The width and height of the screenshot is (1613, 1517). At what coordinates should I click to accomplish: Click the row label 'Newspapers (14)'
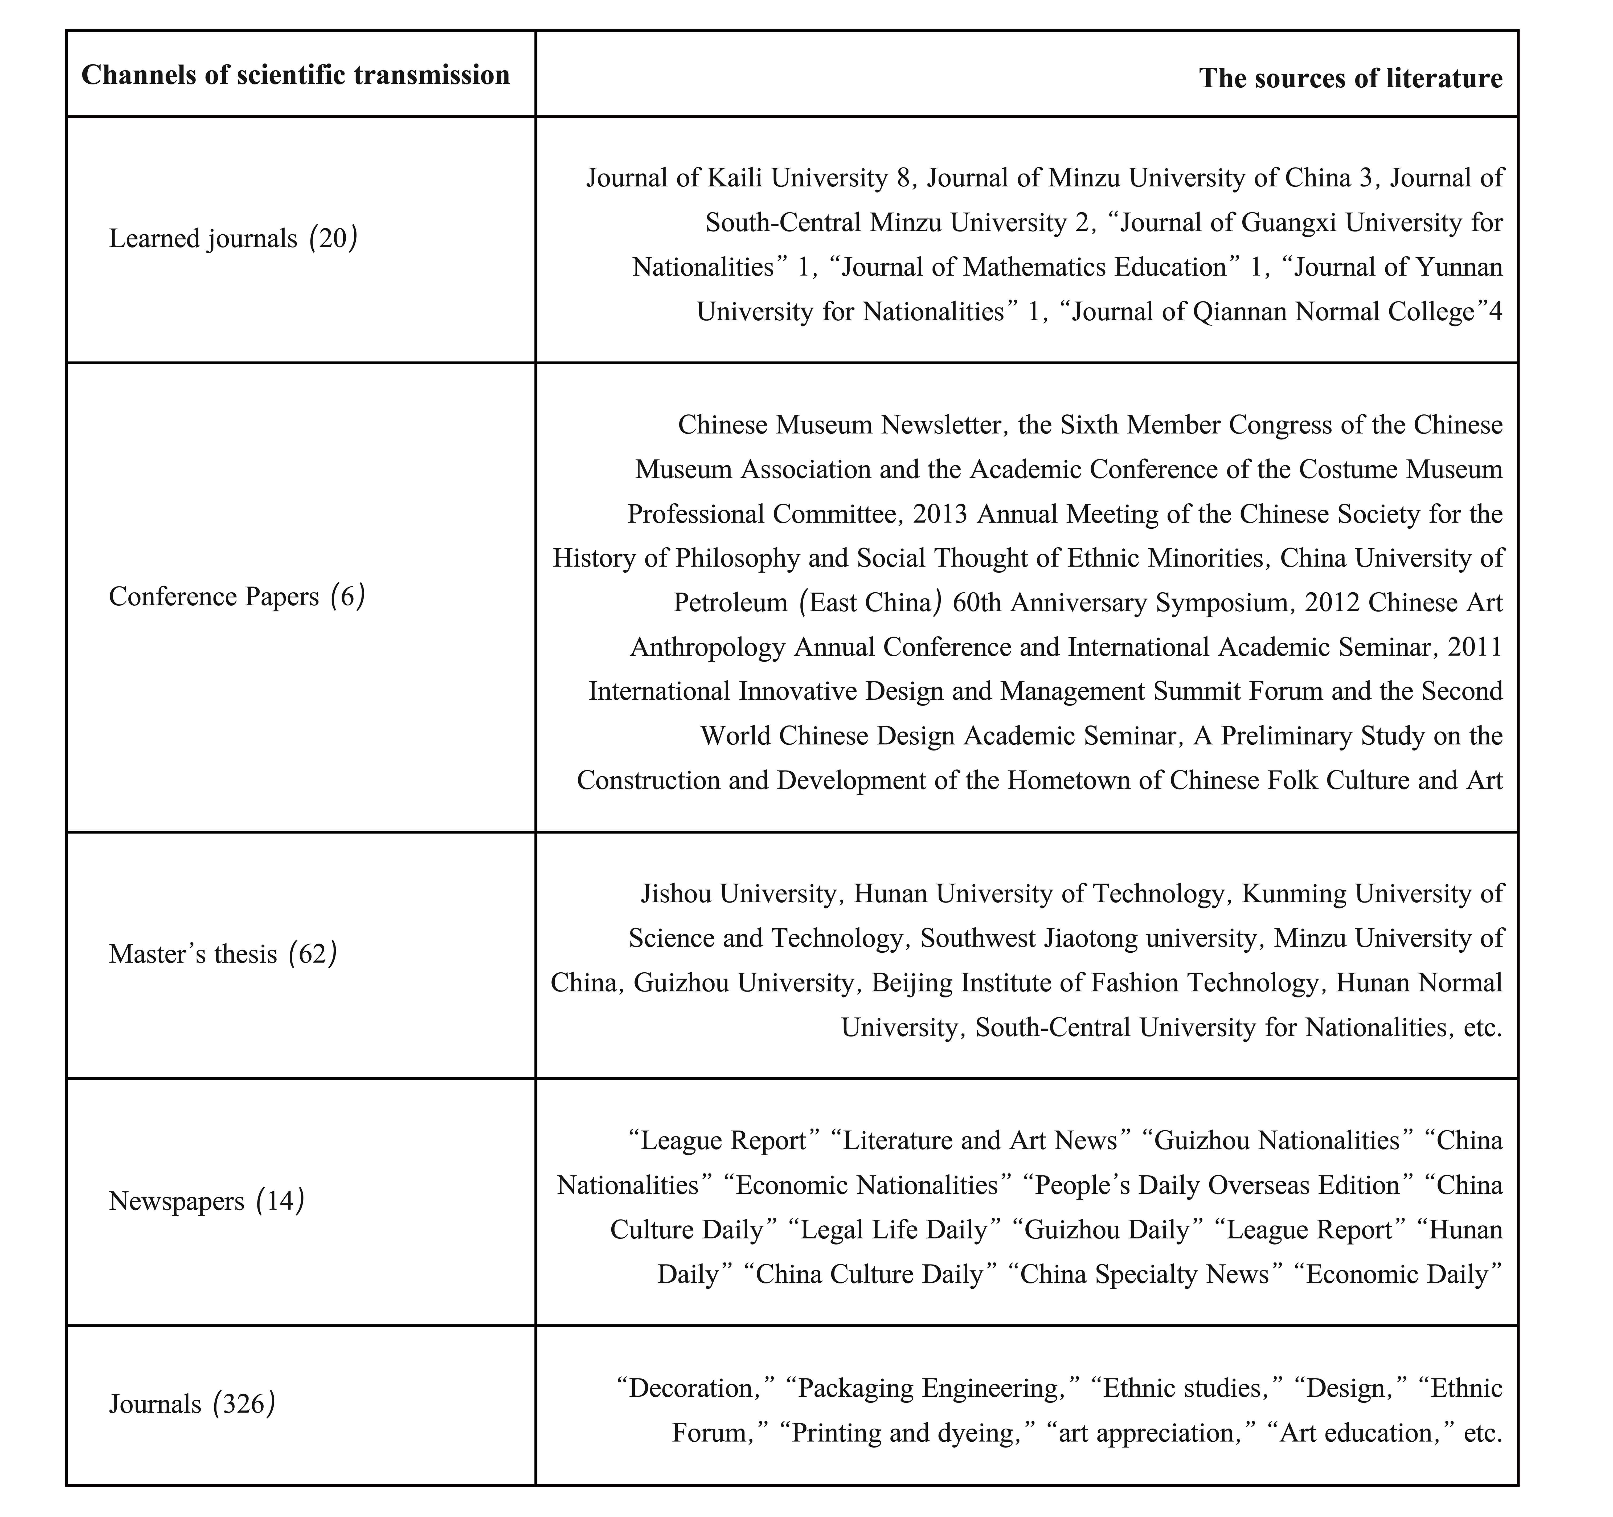(x=206, y=1200)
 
